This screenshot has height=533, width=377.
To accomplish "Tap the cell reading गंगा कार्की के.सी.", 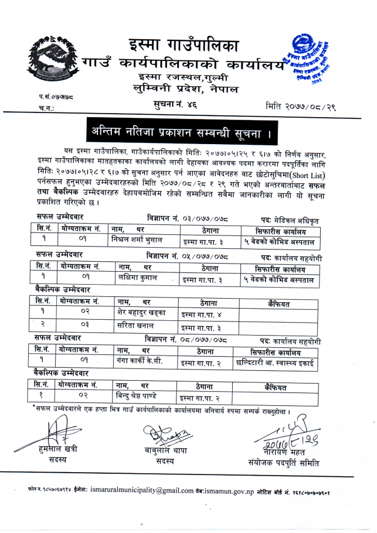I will (x=141, y=361).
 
